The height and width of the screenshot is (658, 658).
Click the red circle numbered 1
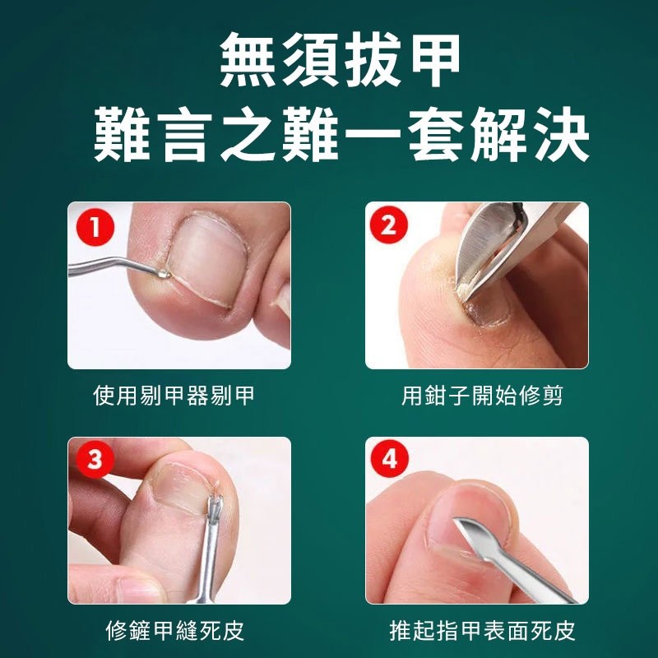click(x=95, y=227)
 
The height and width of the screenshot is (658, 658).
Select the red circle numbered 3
click(x=95, y=459)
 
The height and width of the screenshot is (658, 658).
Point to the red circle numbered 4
click(x=389, y=458)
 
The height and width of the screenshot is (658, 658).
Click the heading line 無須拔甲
click(x=340, y=60)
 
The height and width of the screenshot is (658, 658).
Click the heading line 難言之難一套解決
click(x=341, y=134)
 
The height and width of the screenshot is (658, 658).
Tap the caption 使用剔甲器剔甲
click(x=174, y=396)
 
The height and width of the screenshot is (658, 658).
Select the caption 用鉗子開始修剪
click(x=482, y=396)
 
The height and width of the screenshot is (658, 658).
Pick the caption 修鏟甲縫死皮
click(x=174, y=630)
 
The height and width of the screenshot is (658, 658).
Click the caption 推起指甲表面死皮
click(x=482, y=630)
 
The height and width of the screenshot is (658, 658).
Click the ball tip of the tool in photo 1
click(x=164, y=274)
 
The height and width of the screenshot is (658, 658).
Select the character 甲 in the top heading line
click(x=435, y=60)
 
